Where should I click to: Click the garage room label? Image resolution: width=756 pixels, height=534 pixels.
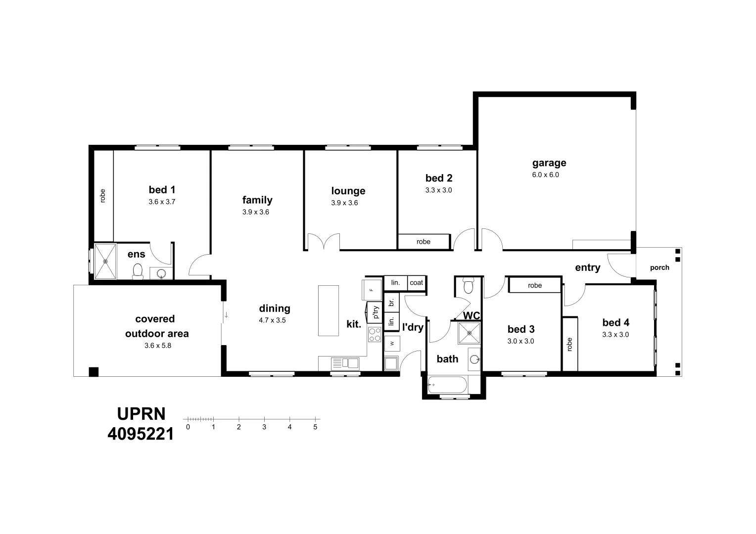click(x=549, y=163)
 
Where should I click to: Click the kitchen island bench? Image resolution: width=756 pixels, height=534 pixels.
click(x=329, y=311)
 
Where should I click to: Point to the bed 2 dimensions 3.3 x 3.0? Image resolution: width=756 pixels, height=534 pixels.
click(x=438, y=190)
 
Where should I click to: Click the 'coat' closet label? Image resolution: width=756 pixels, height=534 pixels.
click(x=417, y=282)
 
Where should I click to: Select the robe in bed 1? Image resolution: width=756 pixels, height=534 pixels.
click(x=103, y=195)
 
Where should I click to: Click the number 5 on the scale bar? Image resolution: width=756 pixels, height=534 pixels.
click(x=315, y=427)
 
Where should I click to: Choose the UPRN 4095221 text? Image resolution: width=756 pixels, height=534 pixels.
click(x=141, y=424)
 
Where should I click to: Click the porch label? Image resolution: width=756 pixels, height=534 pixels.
click(x=660, y=267)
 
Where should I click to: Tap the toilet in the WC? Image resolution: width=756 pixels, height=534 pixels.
click(x=468, y=285)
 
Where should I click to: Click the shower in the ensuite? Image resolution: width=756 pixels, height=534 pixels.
click(x=105, y=261)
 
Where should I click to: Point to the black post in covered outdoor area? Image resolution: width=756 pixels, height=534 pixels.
click(x=93, y=372)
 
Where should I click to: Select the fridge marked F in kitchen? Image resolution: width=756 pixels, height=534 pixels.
click(x=372, y=289)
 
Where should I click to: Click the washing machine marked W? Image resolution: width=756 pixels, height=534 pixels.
click(x=392, y=343)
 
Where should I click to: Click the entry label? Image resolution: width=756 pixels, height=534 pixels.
click(x=587, y=267)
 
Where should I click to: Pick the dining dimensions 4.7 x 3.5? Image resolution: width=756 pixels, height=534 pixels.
click(x=272, y=320)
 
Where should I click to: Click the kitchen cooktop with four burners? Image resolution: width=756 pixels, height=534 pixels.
click(x=375, y=335)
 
